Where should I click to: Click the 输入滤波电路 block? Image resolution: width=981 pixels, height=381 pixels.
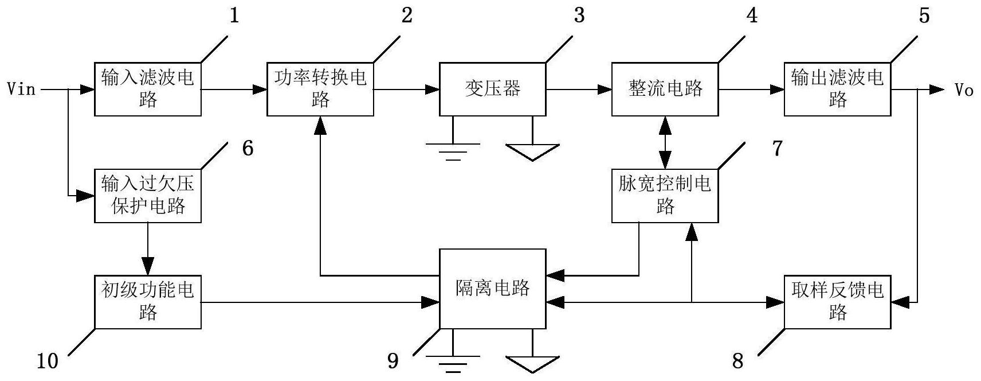click(148, 89)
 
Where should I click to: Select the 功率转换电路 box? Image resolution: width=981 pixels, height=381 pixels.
click(320, 89)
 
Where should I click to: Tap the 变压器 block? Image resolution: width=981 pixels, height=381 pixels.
click(492, 89)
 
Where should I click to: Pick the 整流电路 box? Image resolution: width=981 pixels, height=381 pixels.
click(665, 89)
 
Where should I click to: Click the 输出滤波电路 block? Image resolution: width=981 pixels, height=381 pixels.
click(837, 89)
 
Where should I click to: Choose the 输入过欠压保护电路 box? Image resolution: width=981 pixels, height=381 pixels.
click(148, 196)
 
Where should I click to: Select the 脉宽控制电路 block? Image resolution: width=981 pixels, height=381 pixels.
click(665, 196)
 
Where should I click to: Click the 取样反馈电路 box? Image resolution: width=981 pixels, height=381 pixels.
click(837, 302)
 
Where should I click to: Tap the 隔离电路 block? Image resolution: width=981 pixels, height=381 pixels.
click(492, 289)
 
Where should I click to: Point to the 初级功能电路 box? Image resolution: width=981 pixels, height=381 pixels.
click(148, 302)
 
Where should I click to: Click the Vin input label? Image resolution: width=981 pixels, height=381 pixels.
click(21, 90)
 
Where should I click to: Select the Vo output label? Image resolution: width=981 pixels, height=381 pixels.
click(964, 90)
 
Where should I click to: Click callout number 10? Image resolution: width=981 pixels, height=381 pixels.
click(48, 361)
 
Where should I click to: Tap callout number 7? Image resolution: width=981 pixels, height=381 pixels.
click(777, 149)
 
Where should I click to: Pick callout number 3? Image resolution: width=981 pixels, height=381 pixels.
click(579, 15)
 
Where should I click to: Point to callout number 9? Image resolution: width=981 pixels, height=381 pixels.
click(393, 361)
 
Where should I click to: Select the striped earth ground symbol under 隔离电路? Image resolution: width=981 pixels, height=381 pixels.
click(453, 364)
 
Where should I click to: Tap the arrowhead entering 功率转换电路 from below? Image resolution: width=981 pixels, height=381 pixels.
click(320, 125)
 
